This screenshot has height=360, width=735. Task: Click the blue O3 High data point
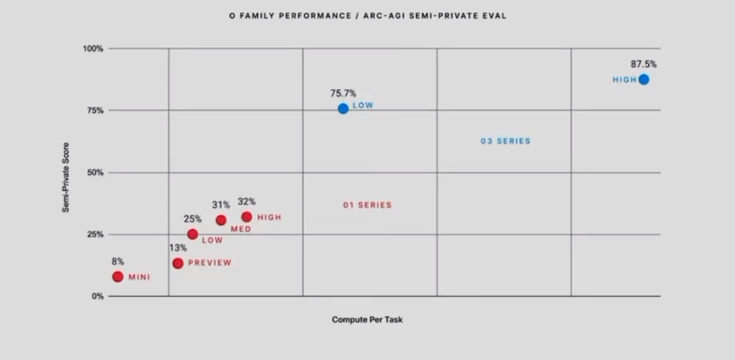[644, 80]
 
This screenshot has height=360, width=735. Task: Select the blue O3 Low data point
[343, 108]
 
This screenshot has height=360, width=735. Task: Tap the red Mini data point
[118, 277]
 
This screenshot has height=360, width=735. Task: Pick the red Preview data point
[178, 263]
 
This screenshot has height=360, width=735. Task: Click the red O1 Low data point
[193, 234]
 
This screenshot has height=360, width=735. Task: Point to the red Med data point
[221, 220]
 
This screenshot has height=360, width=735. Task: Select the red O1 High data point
[246, 217]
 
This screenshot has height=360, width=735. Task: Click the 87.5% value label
[643, 65]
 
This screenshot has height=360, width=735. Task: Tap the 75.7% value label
[343, 93]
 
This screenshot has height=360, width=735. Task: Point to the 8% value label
[118, 261]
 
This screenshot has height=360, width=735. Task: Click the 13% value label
[178, 248]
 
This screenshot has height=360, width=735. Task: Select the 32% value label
[246, 201]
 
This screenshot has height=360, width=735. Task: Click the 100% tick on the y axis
[93, 49]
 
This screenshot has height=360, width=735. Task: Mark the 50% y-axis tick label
[95, 173]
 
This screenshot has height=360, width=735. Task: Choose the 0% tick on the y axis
[97, 297]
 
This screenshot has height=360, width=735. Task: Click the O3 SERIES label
[505, 142]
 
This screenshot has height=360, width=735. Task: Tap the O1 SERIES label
[367, 205]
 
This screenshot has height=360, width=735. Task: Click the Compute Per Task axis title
[367, 319]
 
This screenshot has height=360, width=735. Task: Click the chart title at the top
[367, 16]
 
